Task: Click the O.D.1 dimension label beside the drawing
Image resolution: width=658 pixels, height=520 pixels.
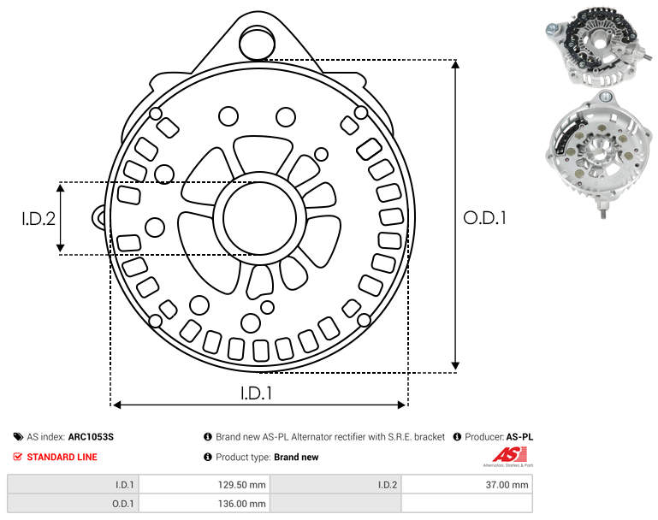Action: pyautogui.click(x=484, y=218)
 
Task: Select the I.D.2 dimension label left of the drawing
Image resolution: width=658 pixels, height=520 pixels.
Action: pyautogui.click(x=39, y=218)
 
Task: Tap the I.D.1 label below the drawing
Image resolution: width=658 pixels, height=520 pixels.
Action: pyautogui.click(x=257, y=393)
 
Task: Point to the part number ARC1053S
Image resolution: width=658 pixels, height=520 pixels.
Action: pyautogui.click(x=91, y=437)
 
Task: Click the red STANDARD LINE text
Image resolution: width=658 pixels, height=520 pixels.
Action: pyautogui.click(x=62, y=457)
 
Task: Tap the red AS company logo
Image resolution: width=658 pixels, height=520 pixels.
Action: pyautogui.click(x=509, y=455)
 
